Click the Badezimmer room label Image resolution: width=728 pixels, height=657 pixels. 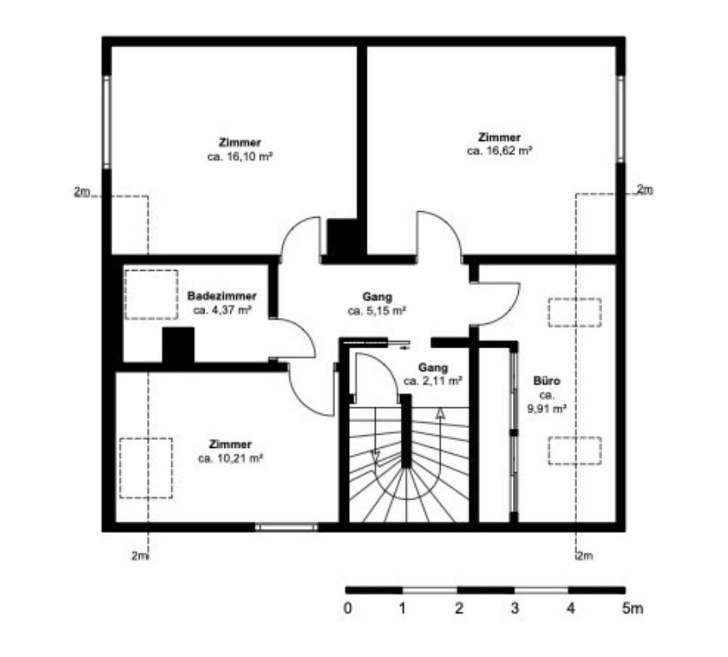pos(222,296)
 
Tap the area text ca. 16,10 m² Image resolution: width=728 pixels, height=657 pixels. pos(239,157)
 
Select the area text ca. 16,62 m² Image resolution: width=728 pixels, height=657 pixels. pos(500,151)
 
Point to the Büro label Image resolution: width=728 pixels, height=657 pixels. pos(546,381)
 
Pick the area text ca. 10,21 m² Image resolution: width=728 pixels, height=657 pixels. pos(231,459)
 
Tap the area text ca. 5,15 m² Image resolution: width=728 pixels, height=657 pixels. pos(377,311)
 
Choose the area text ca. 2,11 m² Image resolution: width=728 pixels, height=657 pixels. pos(433,381)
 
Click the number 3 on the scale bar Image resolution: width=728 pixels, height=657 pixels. pos(514,608)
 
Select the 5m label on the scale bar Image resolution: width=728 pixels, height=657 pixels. pos(632,608)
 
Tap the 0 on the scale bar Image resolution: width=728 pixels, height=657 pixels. pos(348,608)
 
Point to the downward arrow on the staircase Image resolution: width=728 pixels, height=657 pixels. pos(376,458)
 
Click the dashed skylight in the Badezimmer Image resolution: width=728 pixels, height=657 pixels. pos(152,294)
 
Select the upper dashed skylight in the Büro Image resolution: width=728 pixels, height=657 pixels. pos(575,313)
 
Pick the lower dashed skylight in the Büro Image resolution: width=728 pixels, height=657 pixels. pos(575,450)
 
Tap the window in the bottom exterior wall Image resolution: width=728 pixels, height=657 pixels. pos(287,527)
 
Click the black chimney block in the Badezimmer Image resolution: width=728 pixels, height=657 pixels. pos(178,346)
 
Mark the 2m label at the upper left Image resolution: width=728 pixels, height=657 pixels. pos(82,191)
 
